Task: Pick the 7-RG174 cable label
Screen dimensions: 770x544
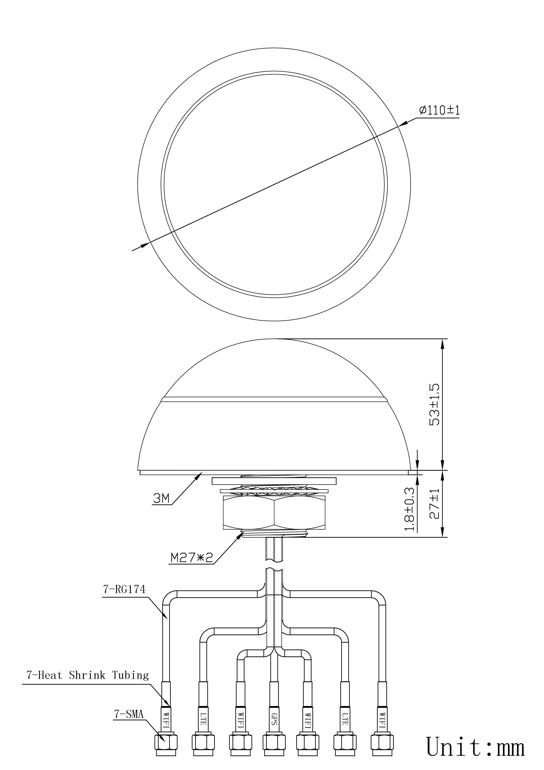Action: point(124,590)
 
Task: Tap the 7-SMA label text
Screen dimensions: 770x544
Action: point(129,715)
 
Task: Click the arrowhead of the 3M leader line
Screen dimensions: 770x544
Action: point(200,473)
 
